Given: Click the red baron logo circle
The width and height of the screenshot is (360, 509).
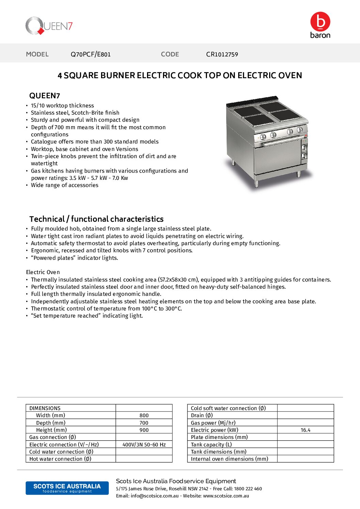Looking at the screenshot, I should pyautogui.click(x=320, y=21).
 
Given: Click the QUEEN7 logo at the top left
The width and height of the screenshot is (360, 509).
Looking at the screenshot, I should pyautogui.click(x=49, y=26).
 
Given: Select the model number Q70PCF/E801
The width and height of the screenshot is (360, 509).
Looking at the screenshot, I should pyautogui.click(x=91, y=54).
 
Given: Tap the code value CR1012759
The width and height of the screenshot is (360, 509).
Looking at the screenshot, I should pyautogui.click(x=222, y=54).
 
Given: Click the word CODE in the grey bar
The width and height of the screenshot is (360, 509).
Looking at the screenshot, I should pyautogui.click(x=170, y=54).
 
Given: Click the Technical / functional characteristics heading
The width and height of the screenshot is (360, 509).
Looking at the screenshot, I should pyautogui.click(x=96, y=219).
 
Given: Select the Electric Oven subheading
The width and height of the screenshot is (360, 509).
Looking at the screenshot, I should pyautogui.click(x=43, y=272).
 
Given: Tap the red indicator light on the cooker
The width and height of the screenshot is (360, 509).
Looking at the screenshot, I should pyautogui.click(x=306, y=136).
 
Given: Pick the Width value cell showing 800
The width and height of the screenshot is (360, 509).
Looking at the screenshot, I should pyautogui.click(x=144, y=415).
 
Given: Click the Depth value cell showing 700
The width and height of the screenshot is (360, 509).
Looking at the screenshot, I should pyautogui.click(x=144, y=423).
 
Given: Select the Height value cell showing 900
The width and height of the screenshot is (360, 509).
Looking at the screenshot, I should pyautogui.click(x=144, y=430).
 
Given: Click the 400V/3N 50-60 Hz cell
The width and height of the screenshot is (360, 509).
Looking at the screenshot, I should pyautogui.click(x=144, y=445).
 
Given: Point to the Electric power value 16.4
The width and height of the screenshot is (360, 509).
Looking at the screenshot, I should pyautogui.click(x=305, y=430).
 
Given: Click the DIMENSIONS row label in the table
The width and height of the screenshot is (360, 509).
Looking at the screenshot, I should pyautogui.click(x=45, y=408).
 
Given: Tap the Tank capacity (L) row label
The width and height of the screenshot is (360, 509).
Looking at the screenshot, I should pyautogui.click(x=211, y=445).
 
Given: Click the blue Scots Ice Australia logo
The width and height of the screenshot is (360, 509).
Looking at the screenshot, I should pyautogui.click(x=67, y=488).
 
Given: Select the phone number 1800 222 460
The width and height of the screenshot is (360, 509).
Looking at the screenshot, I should pyautogui.click(x=248, y=489).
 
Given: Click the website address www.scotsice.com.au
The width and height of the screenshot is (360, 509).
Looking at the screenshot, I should pyautogui.click(x=226, y=496).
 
